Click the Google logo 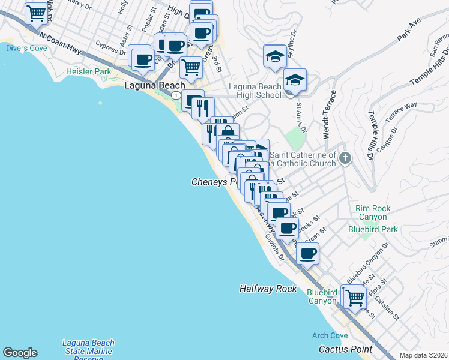pyautogui.click(x=20, y=353)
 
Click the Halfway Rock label pyautogui.click(x=268, y=289)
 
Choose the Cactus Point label pyautogui.click(x=345, y=349)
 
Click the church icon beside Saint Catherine pyautogui.click(x=345, y=158)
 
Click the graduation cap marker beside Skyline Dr pyautogui.click(x=274, y=56)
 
